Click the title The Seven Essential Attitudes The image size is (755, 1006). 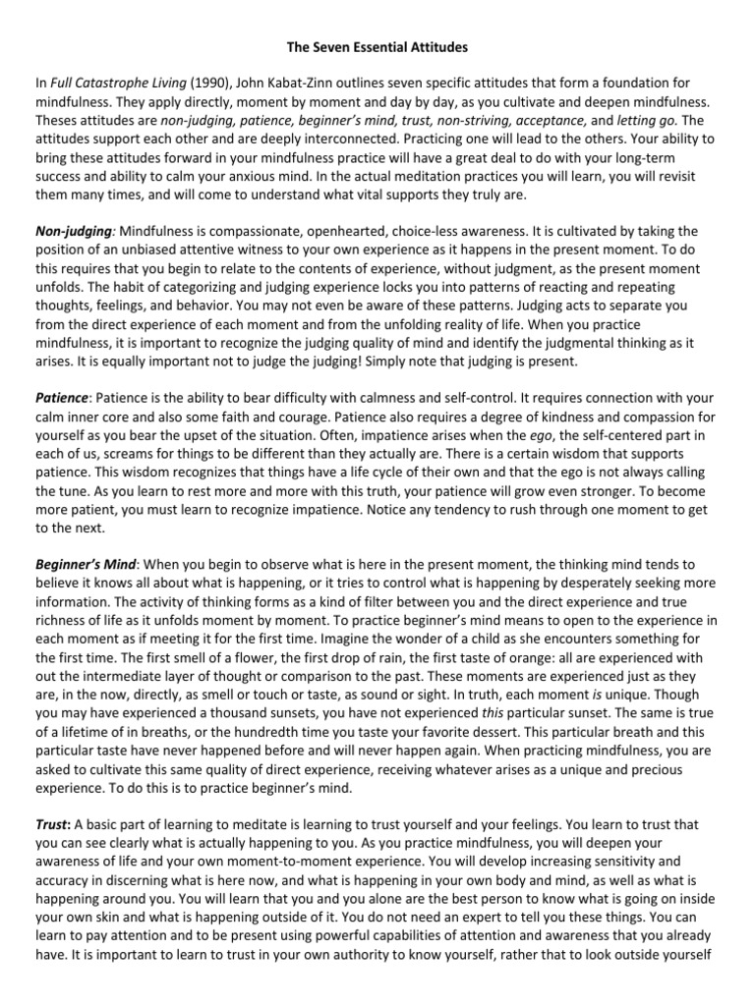click(x=377, y=46)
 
